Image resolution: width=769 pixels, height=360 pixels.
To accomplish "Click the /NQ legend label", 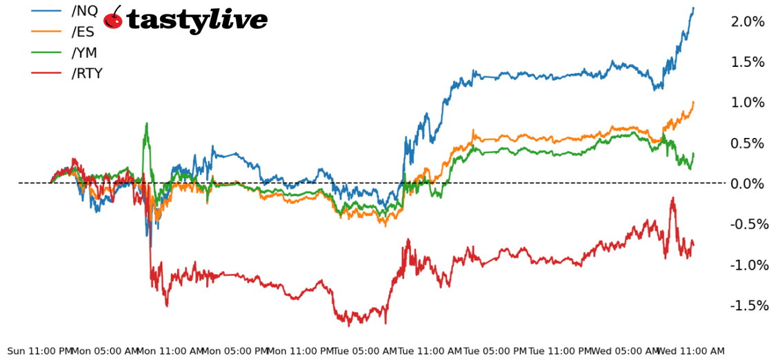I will click(x=85, y=10).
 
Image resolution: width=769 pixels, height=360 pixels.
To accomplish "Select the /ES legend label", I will click(x=83, y=31).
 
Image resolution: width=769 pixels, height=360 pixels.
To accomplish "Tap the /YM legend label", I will click(x=84, y=52).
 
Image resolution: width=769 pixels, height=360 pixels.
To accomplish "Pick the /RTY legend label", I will click(x=87, y=73).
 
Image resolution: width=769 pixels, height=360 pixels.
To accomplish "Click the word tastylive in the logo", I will click(x=197, y=20).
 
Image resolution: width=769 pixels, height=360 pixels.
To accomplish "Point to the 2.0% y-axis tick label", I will click(x=748, y=21).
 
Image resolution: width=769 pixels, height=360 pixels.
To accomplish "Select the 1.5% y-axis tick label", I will click(x=748, y=62).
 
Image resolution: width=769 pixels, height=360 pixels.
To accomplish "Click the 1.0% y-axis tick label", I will click(x=748, y=102).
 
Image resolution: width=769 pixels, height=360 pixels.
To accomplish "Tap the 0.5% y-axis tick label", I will click(x=748, y=143).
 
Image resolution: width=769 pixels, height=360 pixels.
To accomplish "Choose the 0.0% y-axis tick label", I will click(x=748, y=183).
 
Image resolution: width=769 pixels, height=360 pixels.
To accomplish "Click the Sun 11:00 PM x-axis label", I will click(x=39, y=351).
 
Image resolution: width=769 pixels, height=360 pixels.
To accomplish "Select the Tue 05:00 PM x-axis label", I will click(x=495, y=351).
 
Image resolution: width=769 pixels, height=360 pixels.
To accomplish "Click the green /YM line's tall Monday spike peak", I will click(x=146, y=123).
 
